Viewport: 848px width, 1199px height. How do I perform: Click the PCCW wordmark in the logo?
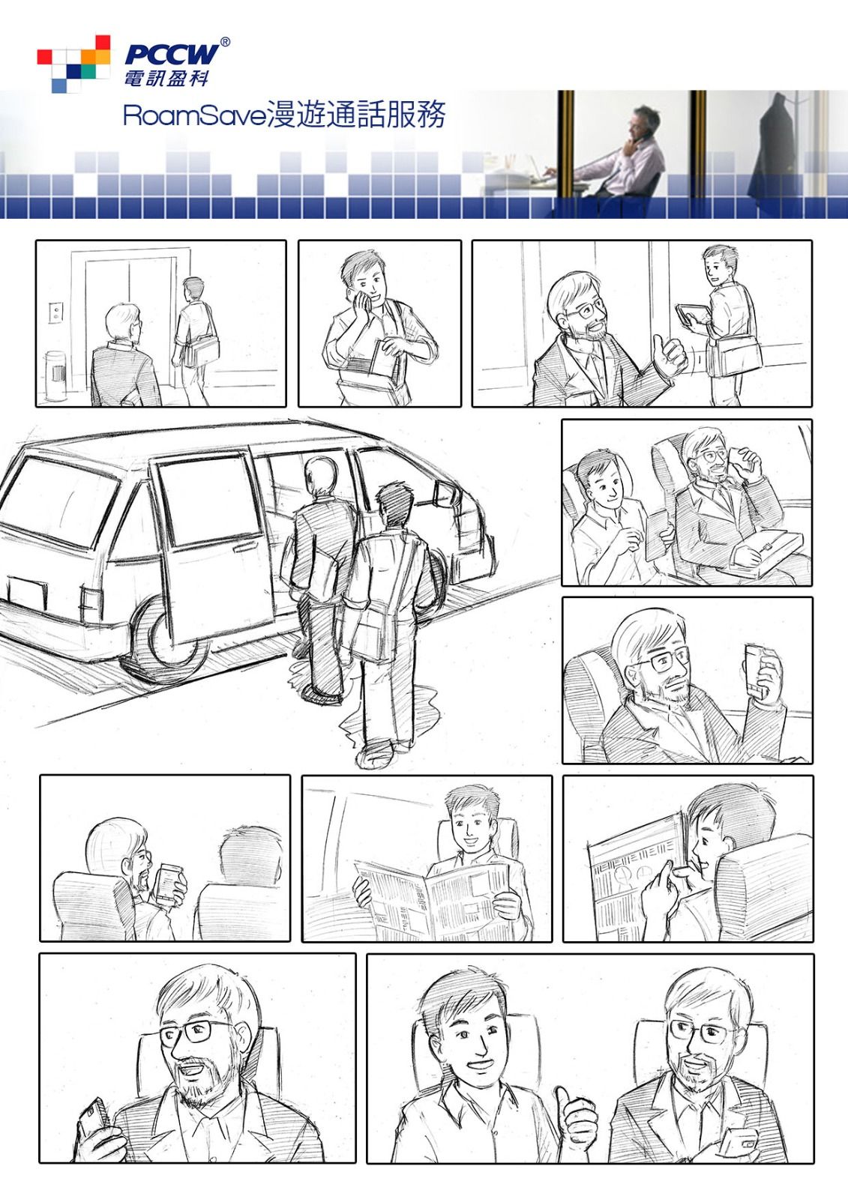(172, 54)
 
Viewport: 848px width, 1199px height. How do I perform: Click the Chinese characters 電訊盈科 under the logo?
(166, 78)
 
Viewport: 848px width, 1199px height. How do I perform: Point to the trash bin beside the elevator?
(55, 375)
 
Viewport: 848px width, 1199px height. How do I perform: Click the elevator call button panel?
(55, 312)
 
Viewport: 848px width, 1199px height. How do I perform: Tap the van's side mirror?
(444, 493)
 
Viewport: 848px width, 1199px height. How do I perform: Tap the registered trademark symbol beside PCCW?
(226, 42)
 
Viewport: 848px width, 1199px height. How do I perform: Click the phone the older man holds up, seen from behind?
(169, 884)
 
